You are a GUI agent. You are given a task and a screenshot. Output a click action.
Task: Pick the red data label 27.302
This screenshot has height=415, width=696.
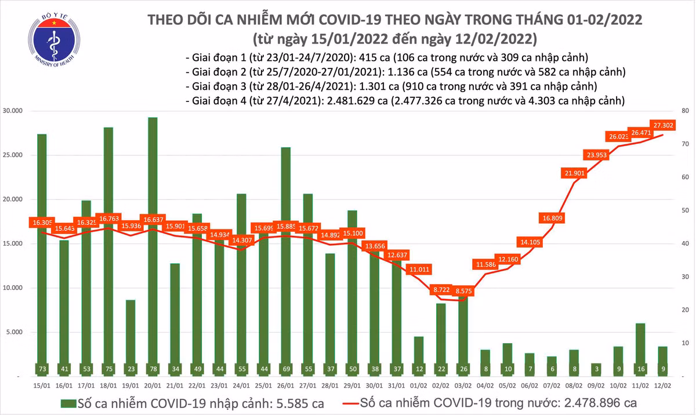click(662, 125)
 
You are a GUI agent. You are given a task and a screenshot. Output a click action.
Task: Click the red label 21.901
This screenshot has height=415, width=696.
click(574, 173)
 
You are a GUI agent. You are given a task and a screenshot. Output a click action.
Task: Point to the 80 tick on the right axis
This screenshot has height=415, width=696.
click(684, 111)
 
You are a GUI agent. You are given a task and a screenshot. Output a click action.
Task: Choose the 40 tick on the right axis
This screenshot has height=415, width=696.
click(684, 244)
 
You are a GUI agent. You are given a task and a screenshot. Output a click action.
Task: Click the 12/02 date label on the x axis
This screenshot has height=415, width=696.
click(662, 384)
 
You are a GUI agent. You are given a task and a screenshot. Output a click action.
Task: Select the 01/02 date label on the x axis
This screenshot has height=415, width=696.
click(419, 384)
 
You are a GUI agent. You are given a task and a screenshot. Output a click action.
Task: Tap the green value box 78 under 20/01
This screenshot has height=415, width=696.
click(153, 369)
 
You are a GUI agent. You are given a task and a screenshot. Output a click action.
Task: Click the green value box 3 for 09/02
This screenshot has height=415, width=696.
click(596, 369)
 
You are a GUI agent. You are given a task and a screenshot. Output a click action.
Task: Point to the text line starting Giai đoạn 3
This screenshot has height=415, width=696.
click(391, 86)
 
